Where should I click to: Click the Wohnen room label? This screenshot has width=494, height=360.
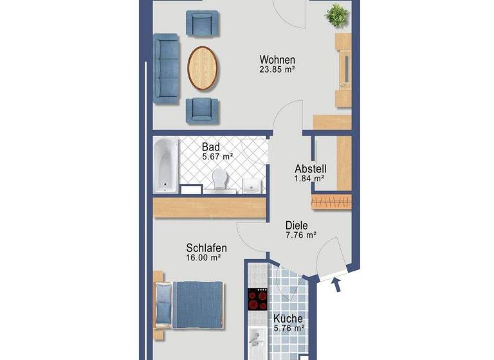(x=277, y=60)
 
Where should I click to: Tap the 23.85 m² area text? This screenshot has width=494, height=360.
(x=277, y=70)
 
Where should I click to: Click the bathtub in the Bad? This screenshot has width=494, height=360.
(x=165, y=166)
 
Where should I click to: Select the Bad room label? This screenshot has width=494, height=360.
(x=210, y=146)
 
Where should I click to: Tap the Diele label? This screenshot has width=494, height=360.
(x=297, y=226)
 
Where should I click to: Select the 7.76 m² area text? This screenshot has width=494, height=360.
(x=300, y=235)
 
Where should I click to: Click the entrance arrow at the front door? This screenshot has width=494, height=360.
(x=336, y=284)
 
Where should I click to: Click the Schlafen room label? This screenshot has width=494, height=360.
(x=206, y=248)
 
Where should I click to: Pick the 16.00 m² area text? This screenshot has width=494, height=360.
(x=204, y=257)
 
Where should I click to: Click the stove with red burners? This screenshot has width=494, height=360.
(x=257, y=300)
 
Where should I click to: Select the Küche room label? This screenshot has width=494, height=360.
(x=288, y=318)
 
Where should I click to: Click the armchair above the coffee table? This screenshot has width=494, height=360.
(x=201, y=24)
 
